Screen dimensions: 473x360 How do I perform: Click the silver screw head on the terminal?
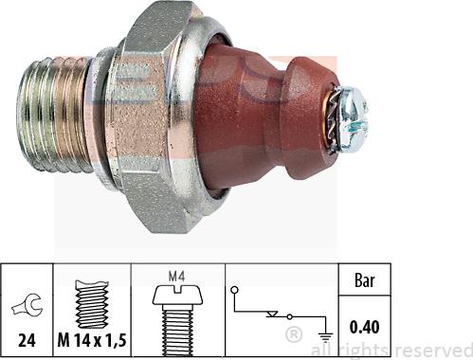tap(352, 119)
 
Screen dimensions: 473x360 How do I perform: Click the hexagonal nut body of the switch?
tap(149, 117)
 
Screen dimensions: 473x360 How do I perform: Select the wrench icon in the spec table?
tap(27, 306)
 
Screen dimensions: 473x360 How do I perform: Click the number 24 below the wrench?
tap(27, 340)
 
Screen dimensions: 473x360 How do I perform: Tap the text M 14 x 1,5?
tap(92, 340)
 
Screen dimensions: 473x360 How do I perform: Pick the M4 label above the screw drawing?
tap(176, 277)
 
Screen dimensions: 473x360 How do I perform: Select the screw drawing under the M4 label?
tap(177, 320)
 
